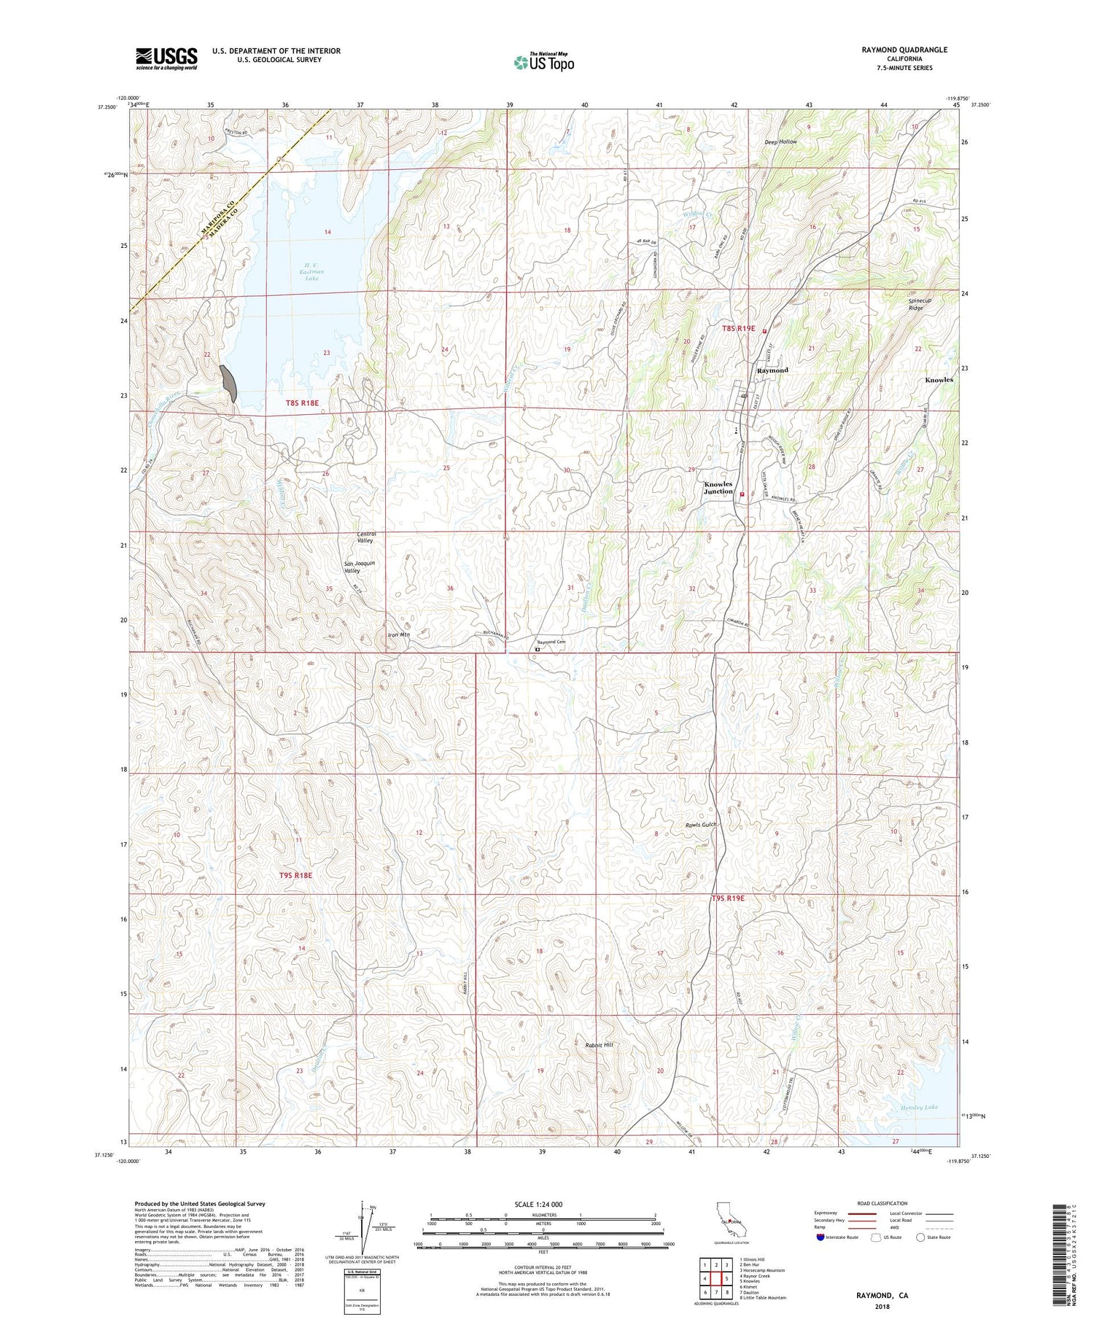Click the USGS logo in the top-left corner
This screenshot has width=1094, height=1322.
click(x=166, y=59)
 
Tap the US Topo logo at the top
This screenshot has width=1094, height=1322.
click(x=543, y=62)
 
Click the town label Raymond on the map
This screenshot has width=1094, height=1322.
click(x=772, y=370)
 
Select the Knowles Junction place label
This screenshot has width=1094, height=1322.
click(x=718, y=488)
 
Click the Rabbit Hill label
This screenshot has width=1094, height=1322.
click(x=599, y=1045)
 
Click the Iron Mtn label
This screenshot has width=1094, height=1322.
click(x=398, y=635)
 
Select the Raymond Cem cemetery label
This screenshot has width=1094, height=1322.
click(x=552, y=642)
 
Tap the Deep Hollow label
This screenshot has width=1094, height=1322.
click(x=780, y=141)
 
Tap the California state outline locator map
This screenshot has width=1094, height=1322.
click(x=728, y=1221)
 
